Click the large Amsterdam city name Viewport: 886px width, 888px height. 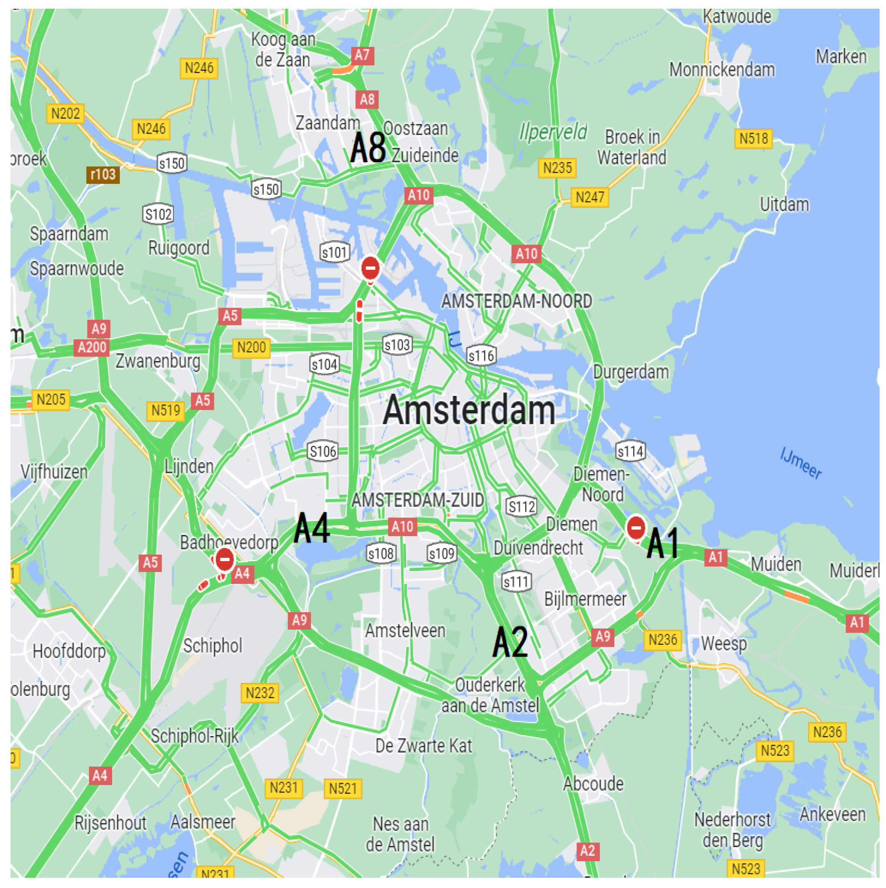(x=469, y=410)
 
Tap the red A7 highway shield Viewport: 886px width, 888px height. (x=362, y=56)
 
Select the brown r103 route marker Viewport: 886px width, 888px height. (x=103, y=175)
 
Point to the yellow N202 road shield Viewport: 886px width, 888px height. (x=65, y=114)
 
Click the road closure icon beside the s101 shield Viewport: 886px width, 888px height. (x=370, y=268)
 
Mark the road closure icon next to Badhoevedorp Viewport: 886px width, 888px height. (x=225, y=560)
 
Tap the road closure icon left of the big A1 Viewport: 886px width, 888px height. (x=636, y=528)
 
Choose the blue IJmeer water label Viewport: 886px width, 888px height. (x=800, y=463)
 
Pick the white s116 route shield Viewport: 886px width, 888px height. (x=481, y=356)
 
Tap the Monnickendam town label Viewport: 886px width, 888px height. (x=722, y=70)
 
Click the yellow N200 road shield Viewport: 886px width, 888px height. (x=252, y=347)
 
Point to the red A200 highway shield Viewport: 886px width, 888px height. (x=92, y=347)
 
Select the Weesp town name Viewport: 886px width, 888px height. (x=724, y=644)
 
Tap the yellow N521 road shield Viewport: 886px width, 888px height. (x=343, y=789)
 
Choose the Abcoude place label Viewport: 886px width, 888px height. (x=593, y=784)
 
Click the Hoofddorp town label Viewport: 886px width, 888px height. (x=69, y=651)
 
